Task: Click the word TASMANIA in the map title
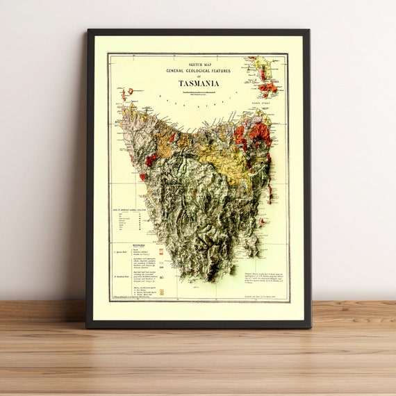[199, 83]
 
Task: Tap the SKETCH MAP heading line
[199, 63]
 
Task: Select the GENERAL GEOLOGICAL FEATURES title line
[199, 70]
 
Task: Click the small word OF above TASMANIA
[199, 76]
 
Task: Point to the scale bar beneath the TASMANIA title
[199, 90]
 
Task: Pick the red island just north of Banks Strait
[267, 88]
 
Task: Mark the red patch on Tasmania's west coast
[150, 160]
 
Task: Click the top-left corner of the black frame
[88, 30]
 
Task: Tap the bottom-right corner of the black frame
[310, 327]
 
